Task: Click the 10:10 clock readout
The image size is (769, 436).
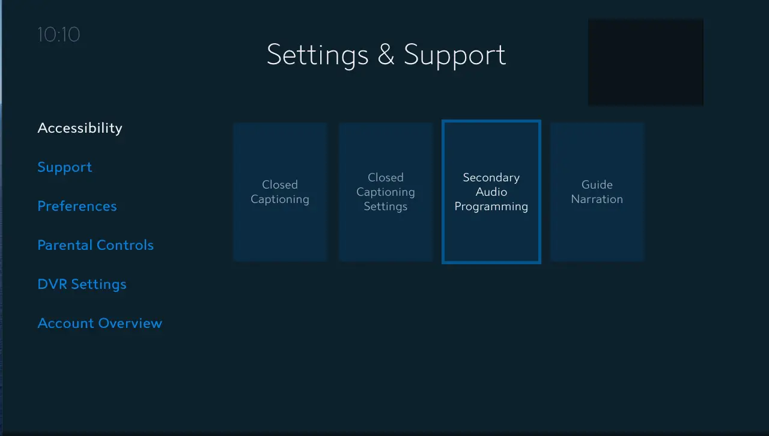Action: [58, 34]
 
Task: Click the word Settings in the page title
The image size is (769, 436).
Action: [317, 55]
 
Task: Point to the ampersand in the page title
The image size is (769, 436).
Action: [386, 55]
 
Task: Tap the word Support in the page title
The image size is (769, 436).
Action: [455, 55]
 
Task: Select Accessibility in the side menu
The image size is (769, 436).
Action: [80, 128]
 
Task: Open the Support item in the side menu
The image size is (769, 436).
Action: [65, 167]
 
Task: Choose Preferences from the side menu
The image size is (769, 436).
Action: [77, 206]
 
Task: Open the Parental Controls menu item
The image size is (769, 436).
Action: [96, 245]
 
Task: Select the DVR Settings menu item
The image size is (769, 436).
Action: [82, 284]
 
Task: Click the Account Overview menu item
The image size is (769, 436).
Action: [100, 323]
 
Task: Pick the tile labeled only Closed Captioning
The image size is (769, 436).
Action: [280, 192]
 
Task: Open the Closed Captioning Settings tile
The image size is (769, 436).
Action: [386, 192]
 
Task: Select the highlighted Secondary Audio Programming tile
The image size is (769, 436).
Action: [491, 192]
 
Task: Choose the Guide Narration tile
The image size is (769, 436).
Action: [597, 192]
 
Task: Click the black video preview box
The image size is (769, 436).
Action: [645, 62]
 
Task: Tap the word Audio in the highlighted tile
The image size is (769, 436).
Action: [491, 192]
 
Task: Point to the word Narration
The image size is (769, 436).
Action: [597, 199]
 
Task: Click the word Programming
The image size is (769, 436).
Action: [491, 207]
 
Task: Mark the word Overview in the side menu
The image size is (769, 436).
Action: [130, 323]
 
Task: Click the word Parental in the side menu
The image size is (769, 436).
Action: [64, 245]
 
